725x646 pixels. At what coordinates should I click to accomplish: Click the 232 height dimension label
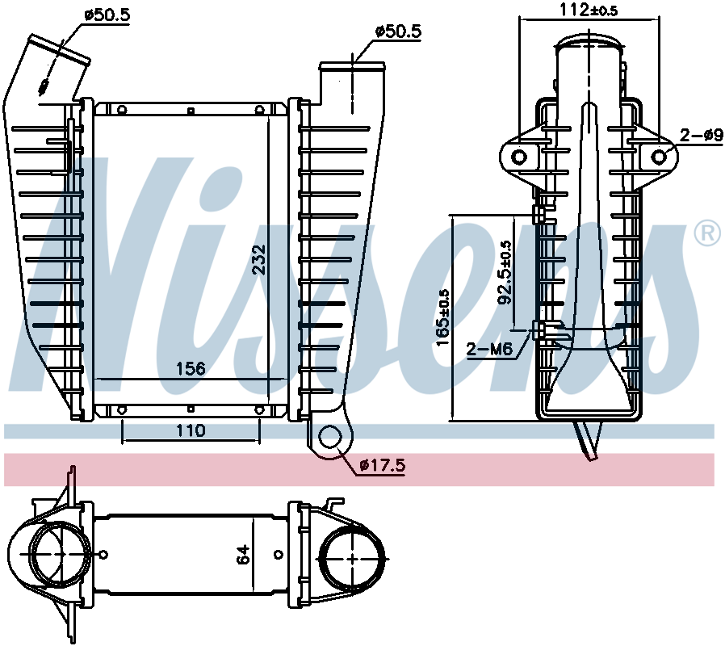pos(260,260)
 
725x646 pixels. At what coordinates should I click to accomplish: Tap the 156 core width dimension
pos(191,368)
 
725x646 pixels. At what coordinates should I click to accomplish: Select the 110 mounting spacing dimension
pos(191,430)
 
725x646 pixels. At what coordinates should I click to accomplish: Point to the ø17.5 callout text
pos(383,465)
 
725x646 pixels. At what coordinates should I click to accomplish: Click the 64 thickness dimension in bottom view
pos(243,554)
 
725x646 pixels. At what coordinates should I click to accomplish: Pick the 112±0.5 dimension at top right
pos(588,10)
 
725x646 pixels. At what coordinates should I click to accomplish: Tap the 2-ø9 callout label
pos(701,135)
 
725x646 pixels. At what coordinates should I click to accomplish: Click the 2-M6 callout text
pos(489,349)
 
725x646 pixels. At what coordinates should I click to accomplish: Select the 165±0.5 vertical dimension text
pos(443,317)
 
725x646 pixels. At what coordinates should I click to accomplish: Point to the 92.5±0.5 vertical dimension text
pos(505,272)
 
